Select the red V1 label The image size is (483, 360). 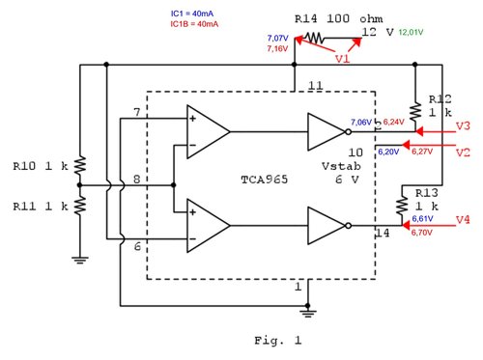point(343,59)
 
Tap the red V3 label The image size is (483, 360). point(462,127)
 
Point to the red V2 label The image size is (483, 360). point(462,153)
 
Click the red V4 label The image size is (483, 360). point(462,219)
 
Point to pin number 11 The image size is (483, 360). point(314,88)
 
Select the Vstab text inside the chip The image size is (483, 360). point(339,166)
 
